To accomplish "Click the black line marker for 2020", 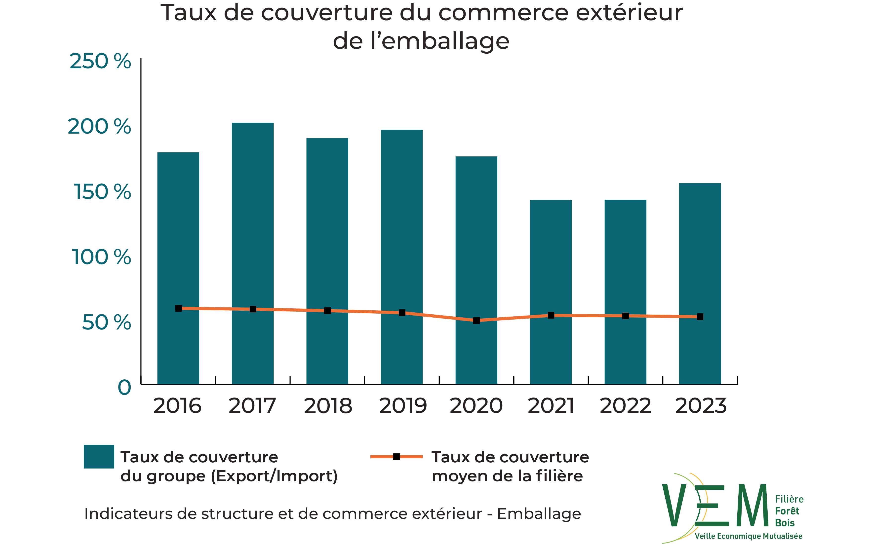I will [x=476, y=320].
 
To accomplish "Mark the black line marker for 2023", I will [x=700, y=317].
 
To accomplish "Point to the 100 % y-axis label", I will [x=101, y=257].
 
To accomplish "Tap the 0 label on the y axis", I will [x=124, y=388].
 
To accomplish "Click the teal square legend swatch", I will [x=99, y=456].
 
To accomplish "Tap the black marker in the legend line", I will [x=396, y=457].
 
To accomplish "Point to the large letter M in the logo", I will [x=753, y=505].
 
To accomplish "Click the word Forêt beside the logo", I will [x=787, y=511].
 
